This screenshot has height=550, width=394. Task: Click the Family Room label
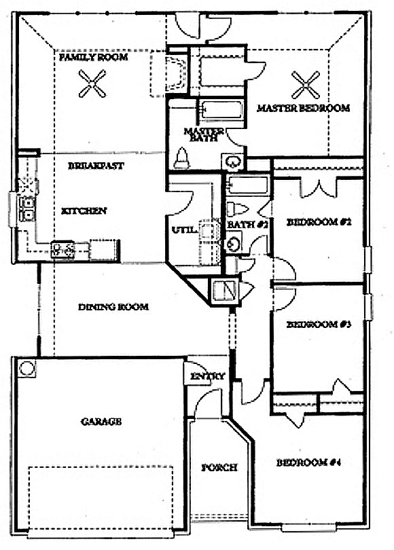[x=93, y=57]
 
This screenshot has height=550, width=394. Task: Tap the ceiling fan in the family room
[x=92, y=84]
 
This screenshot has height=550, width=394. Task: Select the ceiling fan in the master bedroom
[x=306, y=86]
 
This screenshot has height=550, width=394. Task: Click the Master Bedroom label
[x=304, y=108]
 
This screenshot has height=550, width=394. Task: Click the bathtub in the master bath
[x=221, y=110]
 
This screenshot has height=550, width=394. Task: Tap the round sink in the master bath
[x=232, y=162]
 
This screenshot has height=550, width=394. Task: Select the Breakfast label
[x=96, y=166]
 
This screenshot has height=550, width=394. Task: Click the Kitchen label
[x=84, y=211]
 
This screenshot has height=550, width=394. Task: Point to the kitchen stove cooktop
[x=62, y=250]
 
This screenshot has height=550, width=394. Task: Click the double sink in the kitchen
[x=26, y=208]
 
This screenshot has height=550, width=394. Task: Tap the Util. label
[x=183, y=230]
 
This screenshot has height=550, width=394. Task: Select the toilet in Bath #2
[x=237, y=209]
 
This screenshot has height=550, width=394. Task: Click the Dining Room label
[x=113, y=307]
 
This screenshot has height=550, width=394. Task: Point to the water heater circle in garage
[x=26, y=368]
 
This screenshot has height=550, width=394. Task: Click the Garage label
[x=101, y=421]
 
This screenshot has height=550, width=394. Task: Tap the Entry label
[x=207, y=376]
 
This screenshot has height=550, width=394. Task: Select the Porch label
[x=219, y=468]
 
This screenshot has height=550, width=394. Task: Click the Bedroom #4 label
[x=308, y=463]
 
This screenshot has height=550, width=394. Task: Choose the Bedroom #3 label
[x=319, y=324]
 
